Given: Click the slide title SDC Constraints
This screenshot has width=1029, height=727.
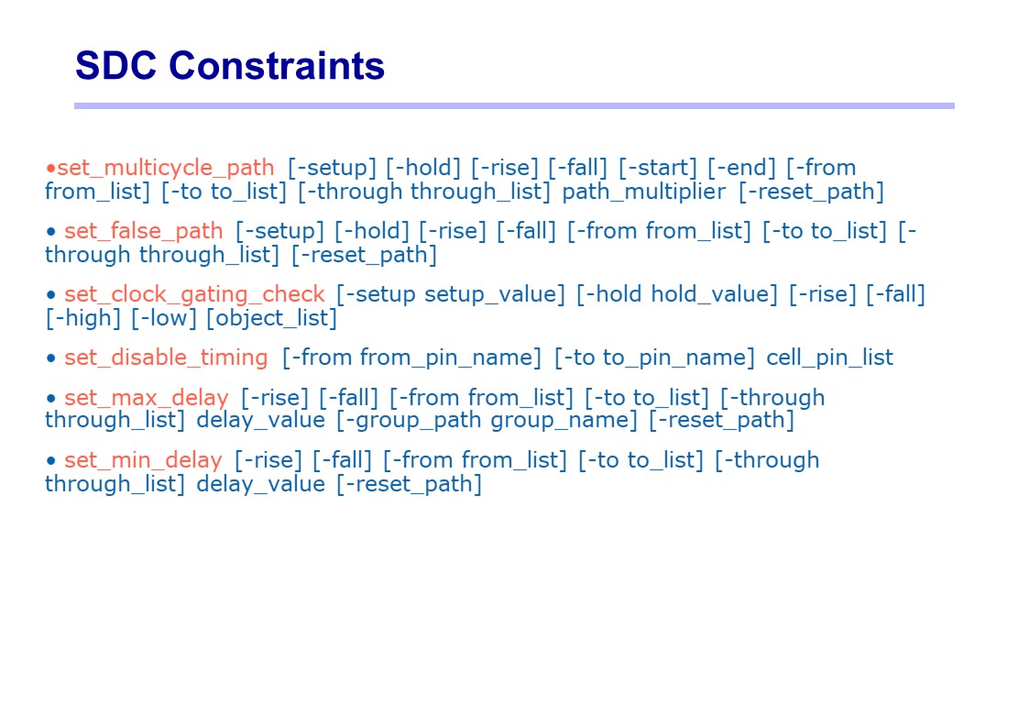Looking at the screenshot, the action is (230, 66).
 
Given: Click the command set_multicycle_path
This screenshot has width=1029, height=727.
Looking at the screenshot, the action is (165, 168).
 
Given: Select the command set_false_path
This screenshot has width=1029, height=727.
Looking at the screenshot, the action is (144, 231).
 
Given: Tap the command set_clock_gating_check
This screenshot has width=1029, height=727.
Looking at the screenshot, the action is (195, 294).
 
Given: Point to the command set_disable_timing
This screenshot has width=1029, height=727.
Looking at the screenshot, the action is (166, 358).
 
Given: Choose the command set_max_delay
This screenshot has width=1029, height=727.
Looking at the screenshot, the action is (147, 398).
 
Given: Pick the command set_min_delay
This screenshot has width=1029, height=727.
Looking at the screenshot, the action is (143, 460).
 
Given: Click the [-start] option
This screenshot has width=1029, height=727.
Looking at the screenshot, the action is (658, 168).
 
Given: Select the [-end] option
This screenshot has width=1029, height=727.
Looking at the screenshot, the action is (741, 168).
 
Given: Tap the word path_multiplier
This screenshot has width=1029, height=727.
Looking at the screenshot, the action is (644, 192).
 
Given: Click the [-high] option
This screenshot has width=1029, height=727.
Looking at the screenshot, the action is (82, 318).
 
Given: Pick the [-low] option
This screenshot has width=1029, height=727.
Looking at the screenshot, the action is (163, 318).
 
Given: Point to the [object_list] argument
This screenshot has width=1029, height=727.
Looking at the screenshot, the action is (272, 318).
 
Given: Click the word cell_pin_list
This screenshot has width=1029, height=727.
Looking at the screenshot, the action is (829, 358).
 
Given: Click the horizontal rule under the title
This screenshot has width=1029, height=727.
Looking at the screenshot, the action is (515, 105).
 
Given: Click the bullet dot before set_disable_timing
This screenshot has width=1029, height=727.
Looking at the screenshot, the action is (51, 358).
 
